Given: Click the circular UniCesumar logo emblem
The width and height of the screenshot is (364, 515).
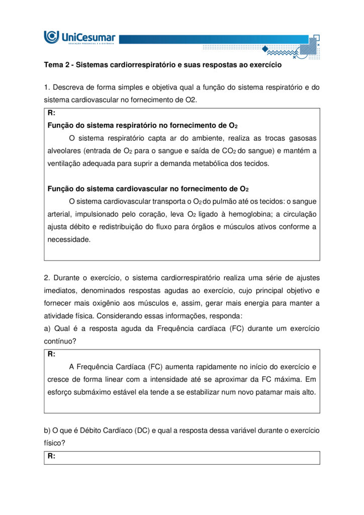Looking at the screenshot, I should tap(51, 37).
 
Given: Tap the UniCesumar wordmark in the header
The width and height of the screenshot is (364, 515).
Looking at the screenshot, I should tap(87, 36).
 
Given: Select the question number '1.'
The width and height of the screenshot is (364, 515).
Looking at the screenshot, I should tap(47, 87).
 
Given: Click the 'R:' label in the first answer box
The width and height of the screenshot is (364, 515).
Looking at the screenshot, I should tap(51, 113).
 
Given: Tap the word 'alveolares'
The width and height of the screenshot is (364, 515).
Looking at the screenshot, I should tap(64, 150).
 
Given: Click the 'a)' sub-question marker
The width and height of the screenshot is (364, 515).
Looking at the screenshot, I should tap(48, 328).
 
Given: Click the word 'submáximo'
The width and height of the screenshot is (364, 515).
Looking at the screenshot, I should tap(89, 392).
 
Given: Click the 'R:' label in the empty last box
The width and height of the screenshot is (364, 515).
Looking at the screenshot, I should tap(51, 456).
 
